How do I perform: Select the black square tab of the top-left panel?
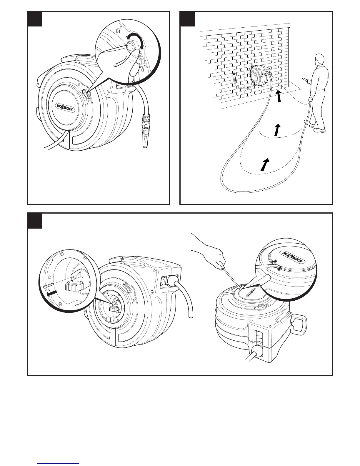coord(35,19)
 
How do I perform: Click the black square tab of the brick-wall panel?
coord(187,19)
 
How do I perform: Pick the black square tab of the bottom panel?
coord(35,221)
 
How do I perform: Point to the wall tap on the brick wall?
coord(234,77)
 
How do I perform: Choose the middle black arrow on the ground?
coord(276,130)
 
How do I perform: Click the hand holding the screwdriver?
coord(216,257)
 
